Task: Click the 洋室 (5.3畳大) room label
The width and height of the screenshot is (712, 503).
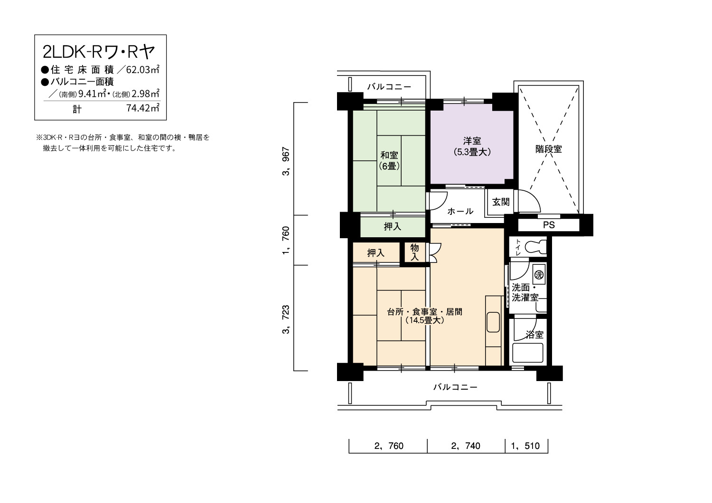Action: click(472, 147)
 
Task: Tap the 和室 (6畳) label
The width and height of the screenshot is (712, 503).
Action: click(389, 161)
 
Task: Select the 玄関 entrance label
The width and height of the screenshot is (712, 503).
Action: click(501, 202)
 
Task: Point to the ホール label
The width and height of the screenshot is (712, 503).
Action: click(460, 211)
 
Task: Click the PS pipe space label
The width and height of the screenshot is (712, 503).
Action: click(549, 225)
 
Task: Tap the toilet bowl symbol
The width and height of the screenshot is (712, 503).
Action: click(535, 247)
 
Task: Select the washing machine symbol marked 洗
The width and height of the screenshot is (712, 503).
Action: click(539, 275)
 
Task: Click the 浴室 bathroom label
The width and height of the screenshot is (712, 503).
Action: click(534, 335)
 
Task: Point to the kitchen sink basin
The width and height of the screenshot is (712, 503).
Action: click(493, 322)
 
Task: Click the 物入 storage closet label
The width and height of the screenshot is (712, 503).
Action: click(414, 252)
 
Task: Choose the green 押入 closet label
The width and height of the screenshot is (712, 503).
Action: click(393, 226)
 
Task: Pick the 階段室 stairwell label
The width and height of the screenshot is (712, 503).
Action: click(549, 149)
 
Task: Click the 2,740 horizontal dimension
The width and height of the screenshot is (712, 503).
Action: click(466, 446)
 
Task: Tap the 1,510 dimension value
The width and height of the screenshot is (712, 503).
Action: click(525, 446)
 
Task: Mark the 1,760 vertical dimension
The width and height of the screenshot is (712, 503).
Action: click(286, 240)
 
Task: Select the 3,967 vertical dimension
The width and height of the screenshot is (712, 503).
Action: click(286, 161)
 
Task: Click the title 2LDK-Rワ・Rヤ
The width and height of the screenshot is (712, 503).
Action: click(99, 52)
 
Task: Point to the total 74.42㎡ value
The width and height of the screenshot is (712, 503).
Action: click(143, 108)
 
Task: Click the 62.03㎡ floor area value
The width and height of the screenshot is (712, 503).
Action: click(143, 70)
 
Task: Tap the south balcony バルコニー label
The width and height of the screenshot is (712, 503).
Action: click(455, 387)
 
